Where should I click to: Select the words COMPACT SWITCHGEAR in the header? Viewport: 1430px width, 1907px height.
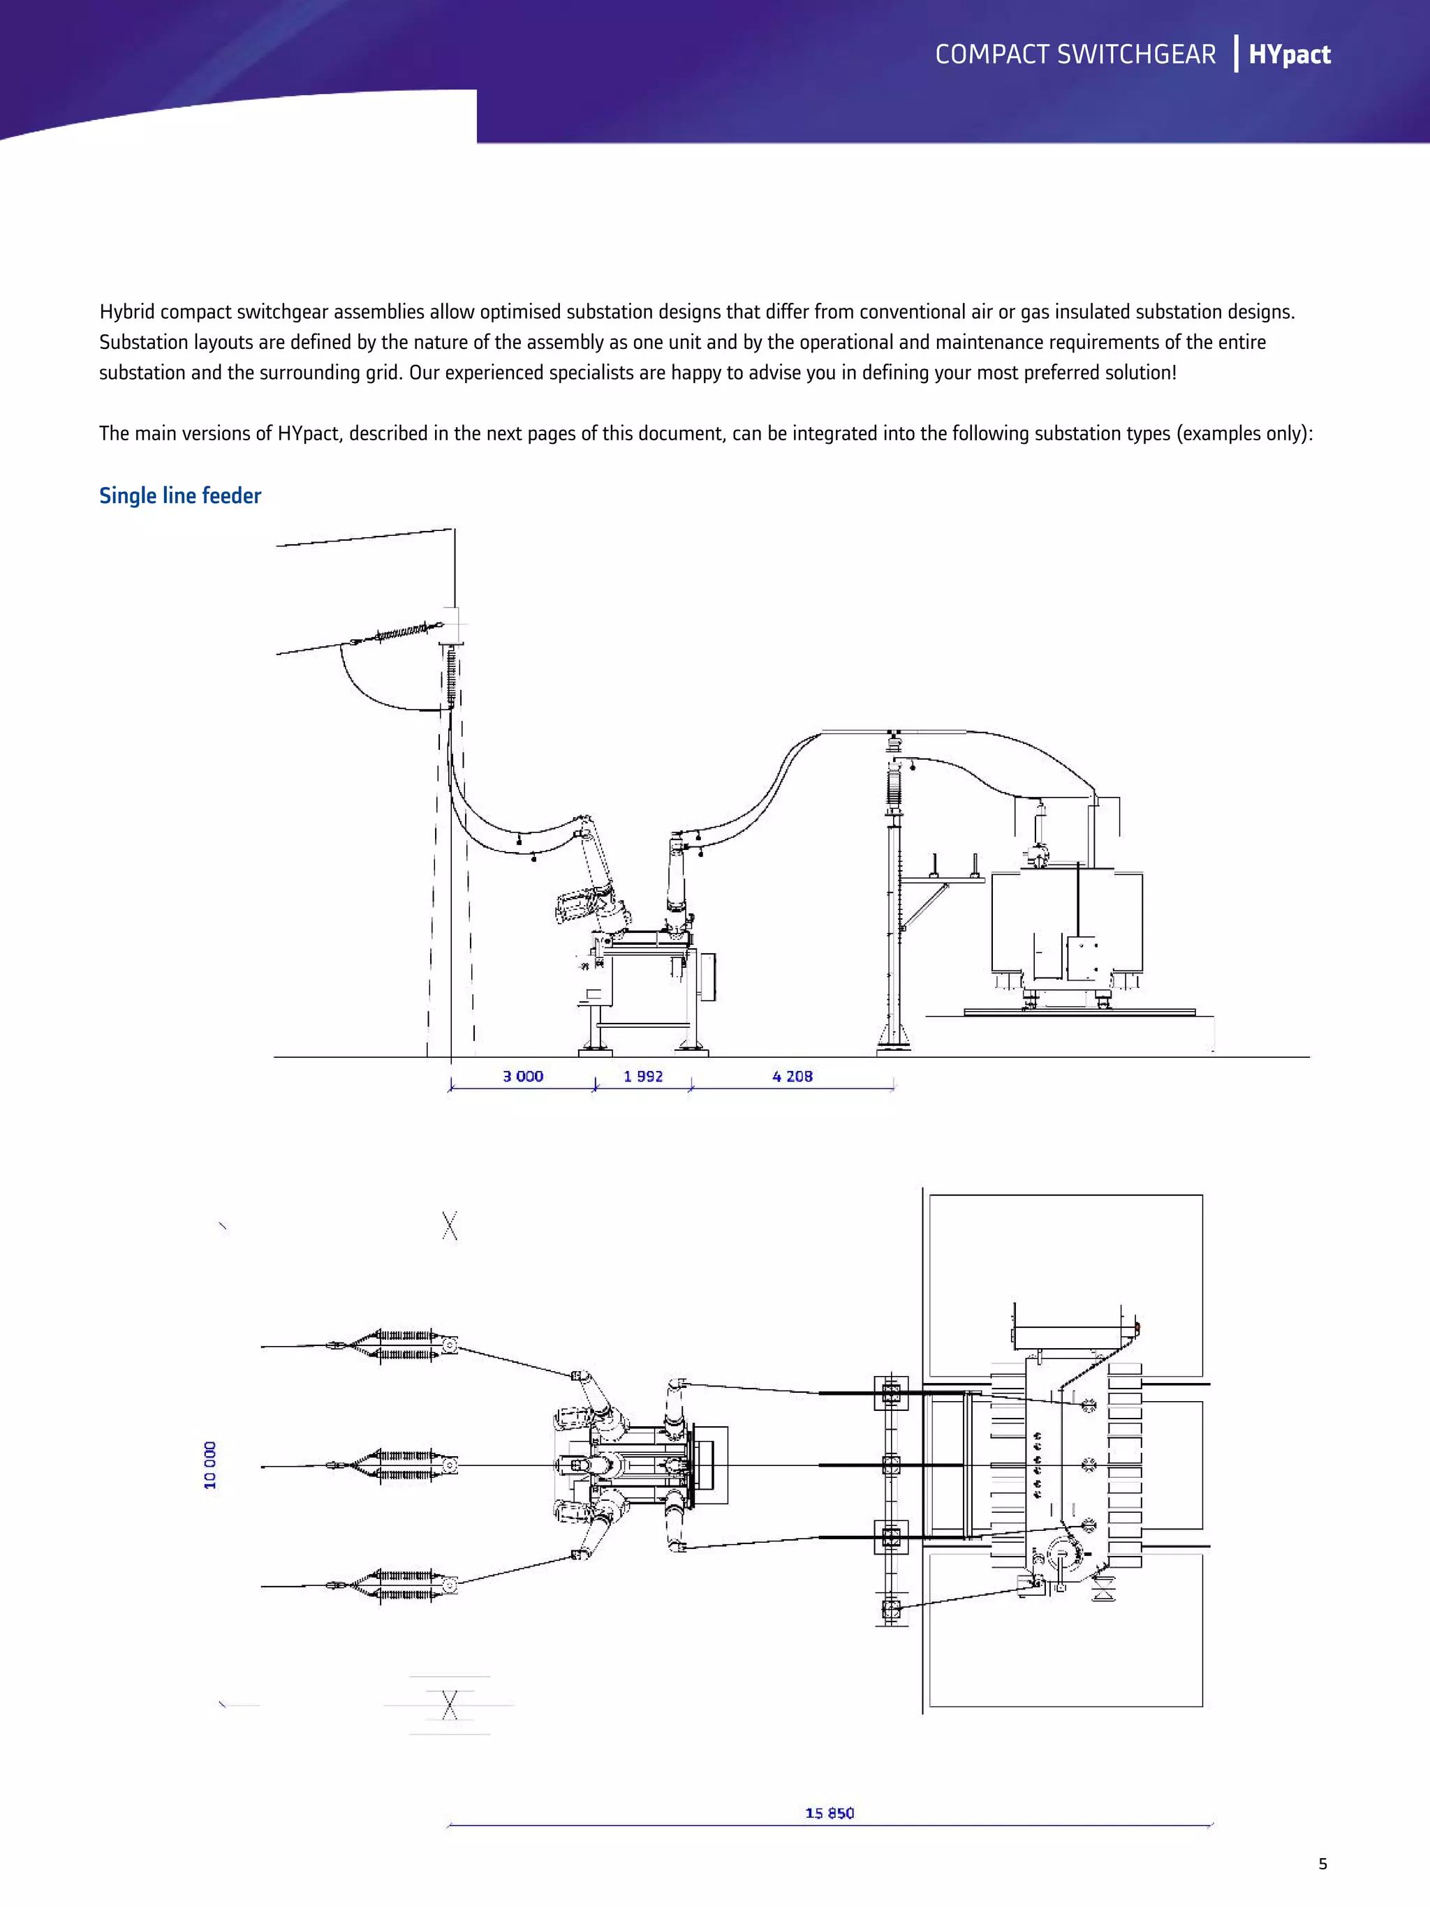tap(1075, 54)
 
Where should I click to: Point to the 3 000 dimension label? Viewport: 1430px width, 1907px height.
tap(523, 1076)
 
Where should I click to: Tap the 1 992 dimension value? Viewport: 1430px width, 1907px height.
tap(643, 1076)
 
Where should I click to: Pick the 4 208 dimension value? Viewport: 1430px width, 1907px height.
tap(792, 1076)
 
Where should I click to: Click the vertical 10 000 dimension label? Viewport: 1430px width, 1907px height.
tap(210, 1465)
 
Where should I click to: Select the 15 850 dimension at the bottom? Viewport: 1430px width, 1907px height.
tap(829, 1813)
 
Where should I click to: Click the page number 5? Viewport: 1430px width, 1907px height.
tap(1322, 1864)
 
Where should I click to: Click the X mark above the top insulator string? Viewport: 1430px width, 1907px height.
tap(450, 1225)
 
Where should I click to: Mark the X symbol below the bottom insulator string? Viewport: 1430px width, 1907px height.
tap(450, 1705)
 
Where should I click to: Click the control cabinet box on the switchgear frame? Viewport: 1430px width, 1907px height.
tap(707, 976)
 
